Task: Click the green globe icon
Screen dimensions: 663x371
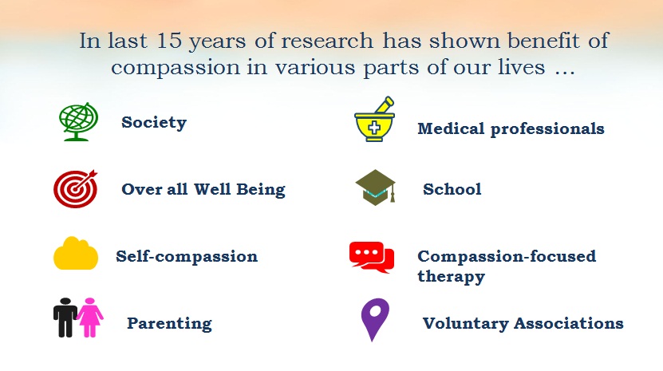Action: (x=78, y=121)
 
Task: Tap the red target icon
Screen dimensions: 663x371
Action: (x=75, y=188)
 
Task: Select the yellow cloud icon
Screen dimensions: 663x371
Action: (x=76, y=253)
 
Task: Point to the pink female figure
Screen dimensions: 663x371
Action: (x=89, y=318)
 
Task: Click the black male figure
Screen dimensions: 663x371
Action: (x=65, y=318)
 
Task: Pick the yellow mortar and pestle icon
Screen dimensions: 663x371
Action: (x=375, y=120)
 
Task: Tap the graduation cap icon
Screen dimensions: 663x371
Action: (x=376, y=187)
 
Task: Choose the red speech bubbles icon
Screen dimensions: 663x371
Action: (x=372, y=257)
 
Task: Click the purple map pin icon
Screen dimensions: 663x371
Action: (x=375, y=319)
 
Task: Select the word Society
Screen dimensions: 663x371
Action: (x=154, y=122)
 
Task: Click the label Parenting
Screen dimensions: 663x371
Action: (x=170, y=324)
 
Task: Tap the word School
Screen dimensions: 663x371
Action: (x=452, y=189)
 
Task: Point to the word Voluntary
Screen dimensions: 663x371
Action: (x=466, y=324)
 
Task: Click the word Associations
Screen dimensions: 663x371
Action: (x=569, y=323)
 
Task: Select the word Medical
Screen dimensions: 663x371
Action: (x=451, y=128)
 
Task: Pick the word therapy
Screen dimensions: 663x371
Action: (x=451, y=277)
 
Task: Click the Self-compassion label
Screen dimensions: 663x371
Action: (x=187, y=257)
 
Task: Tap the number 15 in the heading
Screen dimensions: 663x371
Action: (x=169, y=41)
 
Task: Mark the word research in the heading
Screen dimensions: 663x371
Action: (x=327, y=41)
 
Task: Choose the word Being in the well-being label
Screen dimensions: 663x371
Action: (x=260, y=190)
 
